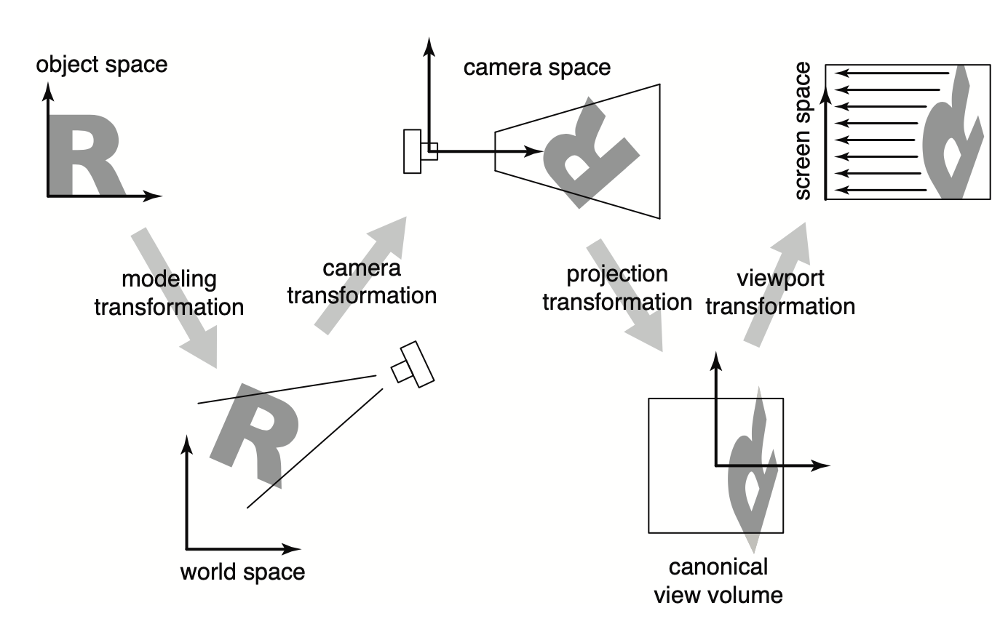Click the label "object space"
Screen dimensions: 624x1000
coord(102,64)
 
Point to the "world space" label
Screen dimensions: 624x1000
coord(242,572)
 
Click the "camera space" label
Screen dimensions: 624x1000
coord(537,68)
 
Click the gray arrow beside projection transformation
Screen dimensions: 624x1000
coord(624,295)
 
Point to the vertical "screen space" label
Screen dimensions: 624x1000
coord(802,131)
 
